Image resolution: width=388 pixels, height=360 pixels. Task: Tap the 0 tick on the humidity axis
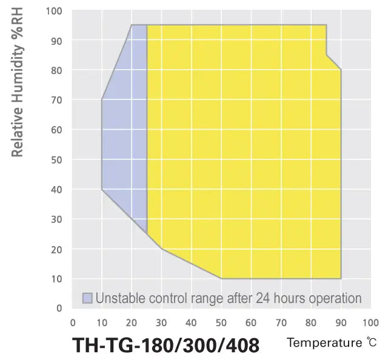[x=59, y=308]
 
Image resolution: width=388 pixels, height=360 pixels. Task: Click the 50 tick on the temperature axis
[x=221, y=322]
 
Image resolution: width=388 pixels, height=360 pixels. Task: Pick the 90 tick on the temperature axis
[x=341, y=322]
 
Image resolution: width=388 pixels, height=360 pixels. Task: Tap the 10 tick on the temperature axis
[x=102, y=322]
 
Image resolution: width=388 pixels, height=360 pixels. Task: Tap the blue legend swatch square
[x=88, y=298]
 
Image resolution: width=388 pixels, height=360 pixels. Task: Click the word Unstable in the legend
[x=117, y=298]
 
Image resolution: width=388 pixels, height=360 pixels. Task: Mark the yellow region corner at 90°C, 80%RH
[x=341, y=70]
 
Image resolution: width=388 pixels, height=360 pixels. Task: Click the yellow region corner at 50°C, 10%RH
[x=221, y=278]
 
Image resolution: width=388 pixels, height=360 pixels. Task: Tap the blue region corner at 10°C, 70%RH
[x=102, y=99]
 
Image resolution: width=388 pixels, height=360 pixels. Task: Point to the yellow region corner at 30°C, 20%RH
[x=162, y=248]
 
